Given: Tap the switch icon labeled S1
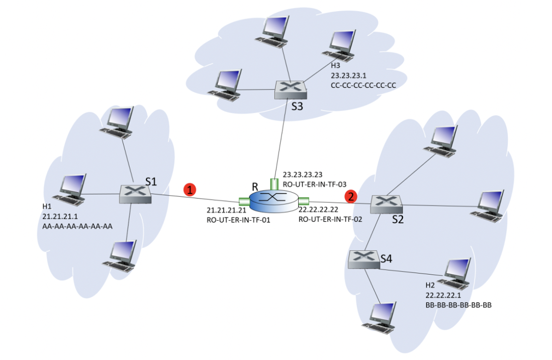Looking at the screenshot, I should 135,194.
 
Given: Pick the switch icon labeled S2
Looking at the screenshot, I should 387,204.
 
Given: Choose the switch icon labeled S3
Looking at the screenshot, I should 291,90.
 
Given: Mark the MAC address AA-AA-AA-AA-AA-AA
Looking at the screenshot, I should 77,226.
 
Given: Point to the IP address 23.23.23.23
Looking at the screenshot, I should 303,175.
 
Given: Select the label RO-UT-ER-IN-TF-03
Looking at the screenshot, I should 315,185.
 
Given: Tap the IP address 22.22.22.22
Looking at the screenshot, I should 318,209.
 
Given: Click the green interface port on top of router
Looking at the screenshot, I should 273,183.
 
